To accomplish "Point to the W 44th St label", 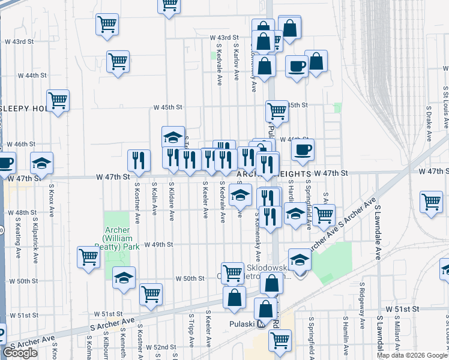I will tap(32, 76).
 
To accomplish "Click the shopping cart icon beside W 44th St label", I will tap(118, 61).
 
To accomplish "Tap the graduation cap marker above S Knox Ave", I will tap(42, 162).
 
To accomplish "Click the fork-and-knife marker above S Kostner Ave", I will tap(139, 160).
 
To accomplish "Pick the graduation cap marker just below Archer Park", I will tap(124, 277).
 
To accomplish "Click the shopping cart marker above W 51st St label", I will tap(151, 294).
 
